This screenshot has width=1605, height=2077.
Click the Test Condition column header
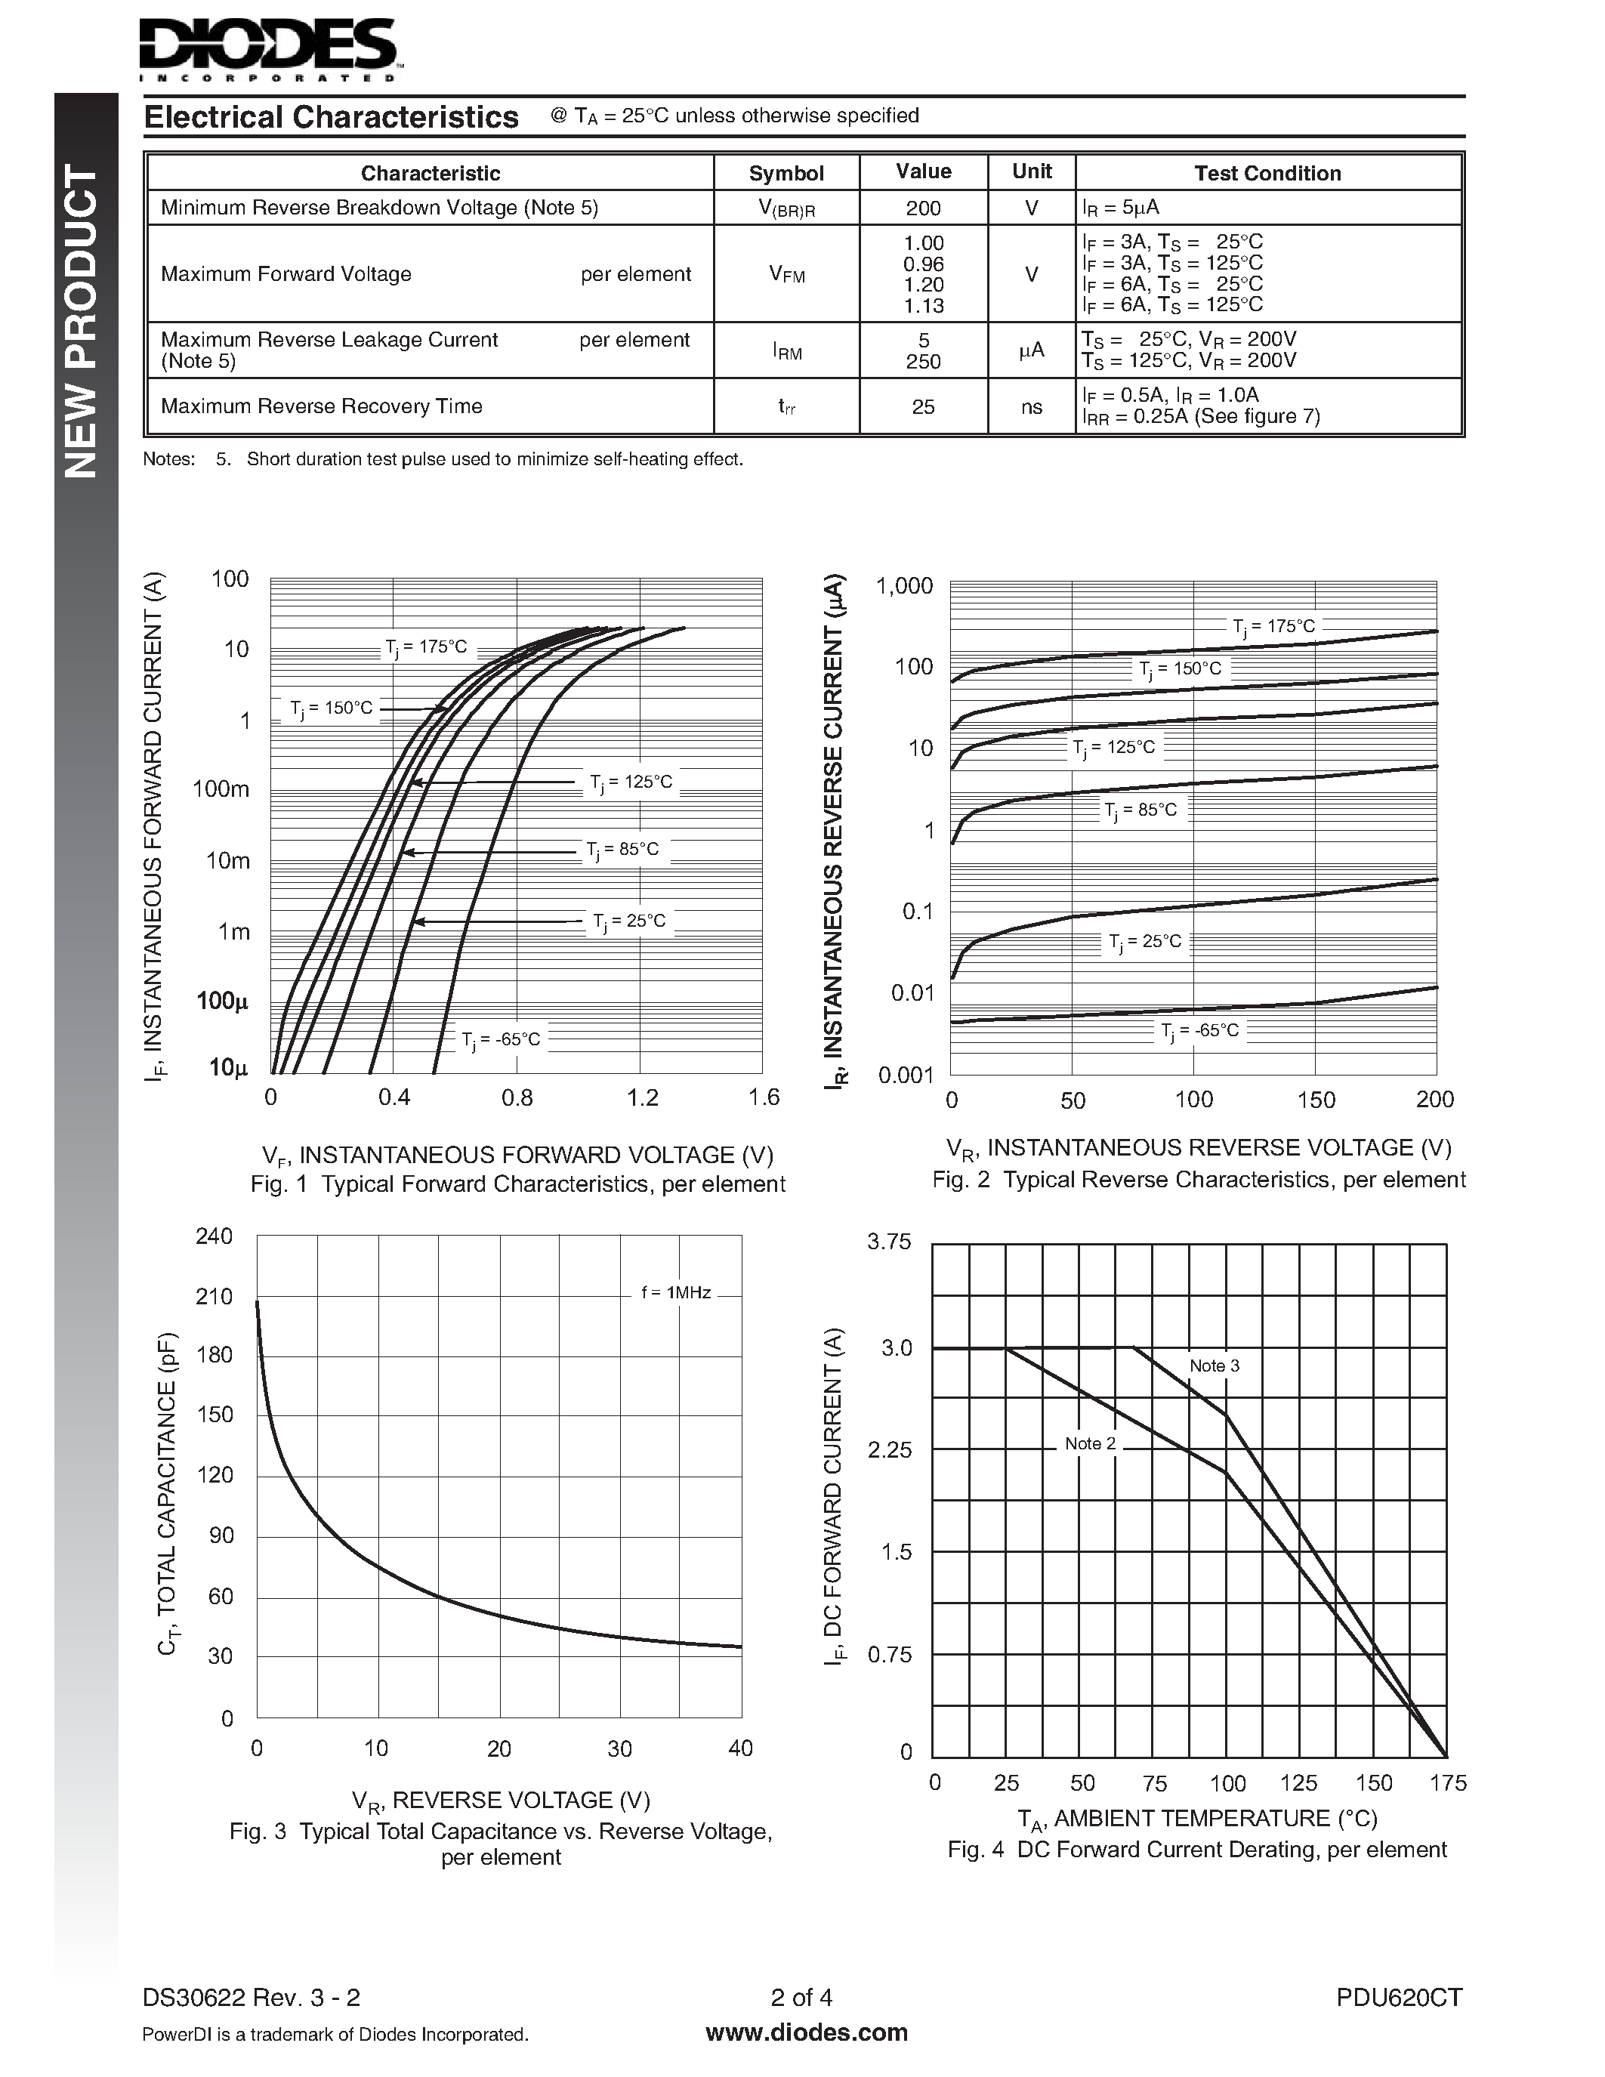coord(1267,173)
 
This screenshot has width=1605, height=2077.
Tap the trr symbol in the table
coord(786,407)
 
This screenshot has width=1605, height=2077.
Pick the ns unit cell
coord(1031,407)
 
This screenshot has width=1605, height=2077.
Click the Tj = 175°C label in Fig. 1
coord(425,647)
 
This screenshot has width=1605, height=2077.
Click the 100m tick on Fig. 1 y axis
coord(221,789)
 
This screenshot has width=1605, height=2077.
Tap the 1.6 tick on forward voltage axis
coord(763,1098)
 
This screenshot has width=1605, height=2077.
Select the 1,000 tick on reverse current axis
coord(904,586)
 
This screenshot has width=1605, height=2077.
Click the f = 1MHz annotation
coord(676,1292)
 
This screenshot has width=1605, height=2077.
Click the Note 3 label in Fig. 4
coord(1215,1366)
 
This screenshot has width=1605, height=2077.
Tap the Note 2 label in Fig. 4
coord(1090,1443)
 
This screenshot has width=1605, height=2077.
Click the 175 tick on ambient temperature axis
coord(1447,1783)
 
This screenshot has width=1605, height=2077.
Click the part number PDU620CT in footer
coord(1398,1997)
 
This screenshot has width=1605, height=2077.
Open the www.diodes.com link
coord(807,2033)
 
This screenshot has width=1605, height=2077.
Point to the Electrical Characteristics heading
coord(331,117)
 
